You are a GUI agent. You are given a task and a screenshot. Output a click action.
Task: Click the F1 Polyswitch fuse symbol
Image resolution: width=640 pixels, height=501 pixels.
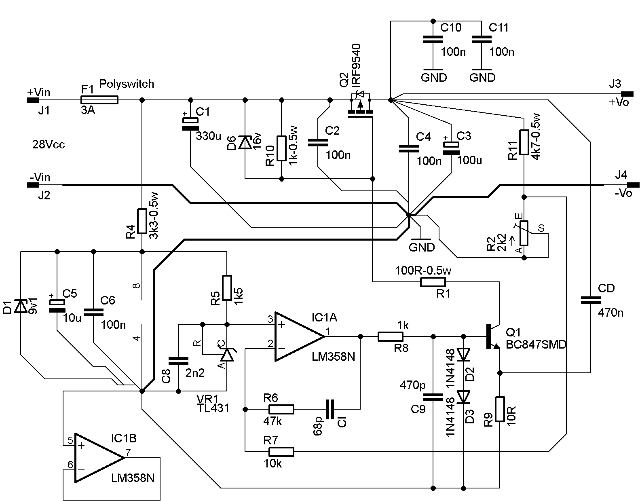click(x=99, y=100)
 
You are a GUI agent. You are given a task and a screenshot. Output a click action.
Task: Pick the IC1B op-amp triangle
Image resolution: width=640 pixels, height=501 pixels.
click(x=99, y=458)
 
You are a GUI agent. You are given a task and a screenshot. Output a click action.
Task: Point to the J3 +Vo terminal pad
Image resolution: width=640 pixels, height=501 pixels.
click(x=627, y=94)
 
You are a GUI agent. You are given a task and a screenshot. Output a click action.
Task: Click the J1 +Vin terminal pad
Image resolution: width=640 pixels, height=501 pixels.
click(x=33, y=100)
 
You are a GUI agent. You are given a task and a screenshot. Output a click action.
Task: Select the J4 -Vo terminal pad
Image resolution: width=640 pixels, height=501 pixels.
click(x=633, y=185)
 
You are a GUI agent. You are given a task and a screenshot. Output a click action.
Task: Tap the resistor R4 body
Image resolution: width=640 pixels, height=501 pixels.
click(x=142, y=221)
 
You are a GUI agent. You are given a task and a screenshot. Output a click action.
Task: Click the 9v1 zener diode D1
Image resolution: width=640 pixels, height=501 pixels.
click(x=21, y=306)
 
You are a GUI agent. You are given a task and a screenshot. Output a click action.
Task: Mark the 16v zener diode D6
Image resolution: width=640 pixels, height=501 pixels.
click(x=245, y=142)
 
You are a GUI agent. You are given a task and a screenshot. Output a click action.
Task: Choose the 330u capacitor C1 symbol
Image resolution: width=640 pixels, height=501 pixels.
click(x=190, y=124)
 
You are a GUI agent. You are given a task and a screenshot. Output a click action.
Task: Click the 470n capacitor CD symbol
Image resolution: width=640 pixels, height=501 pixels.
click(x=591, y=300)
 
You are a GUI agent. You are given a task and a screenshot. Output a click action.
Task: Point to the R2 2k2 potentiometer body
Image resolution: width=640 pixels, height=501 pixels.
click(x=524, y=233)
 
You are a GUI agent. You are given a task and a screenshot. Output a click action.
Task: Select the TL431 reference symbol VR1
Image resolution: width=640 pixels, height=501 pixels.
click(x=227, y=354)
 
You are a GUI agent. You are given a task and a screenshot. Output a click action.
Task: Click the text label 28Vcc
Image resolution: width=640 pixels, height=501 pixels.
click(x=49, y=145)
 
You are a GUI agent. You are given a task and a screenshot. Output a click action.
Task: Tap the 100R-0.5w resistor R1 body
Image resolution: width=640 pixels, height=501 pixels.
click(x=433, y=282)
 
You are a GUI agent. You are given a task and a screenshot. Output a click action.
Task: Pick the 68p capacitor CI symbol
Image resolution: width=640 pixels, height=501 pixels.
click(x=330, y=409)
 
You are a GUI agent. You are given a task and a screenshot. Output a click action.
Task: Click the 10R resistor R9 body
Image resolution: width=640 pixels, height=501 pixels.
click(x=500, y=409)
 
